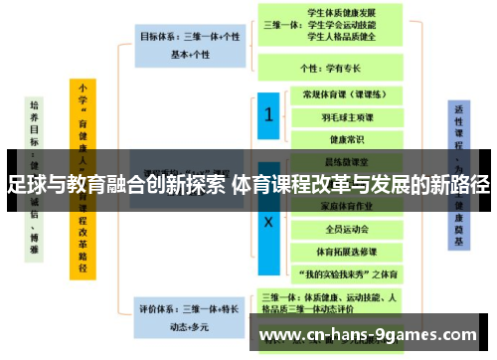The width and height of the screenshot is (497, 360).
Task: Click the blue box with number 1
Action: click(269, 115)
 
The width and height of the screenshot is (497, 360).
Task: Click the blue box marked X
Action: click(269, 223)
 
